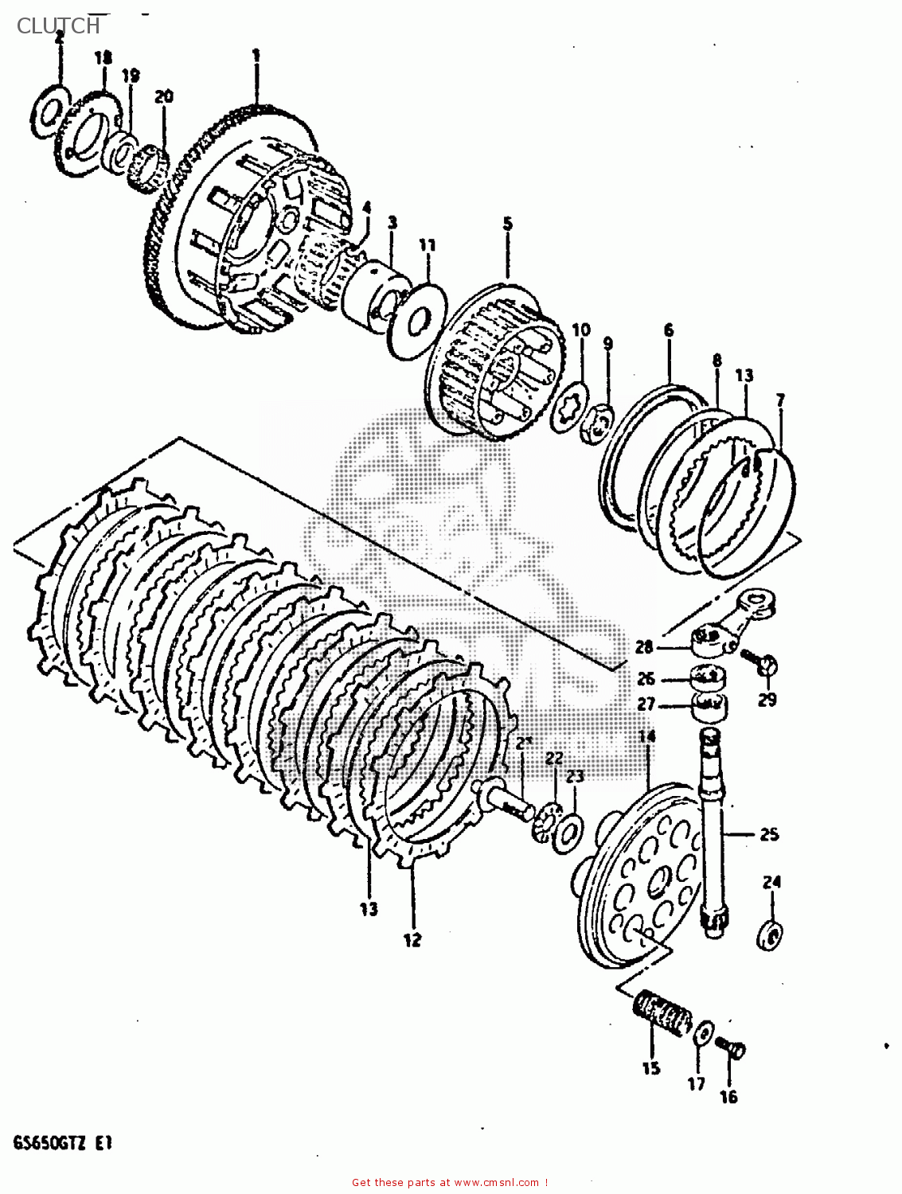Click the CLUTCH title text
(58, 25)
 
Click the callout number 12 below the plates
(411, 940)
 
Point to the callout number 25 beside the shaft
(768, 834)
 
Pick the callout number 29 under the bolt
(767, 700)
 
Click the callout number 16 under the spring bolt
(728, 1097)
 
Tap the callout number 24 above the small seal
(771, 882)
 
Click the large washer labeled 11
(416, 316)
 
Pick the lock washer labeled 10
(574, 398)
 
